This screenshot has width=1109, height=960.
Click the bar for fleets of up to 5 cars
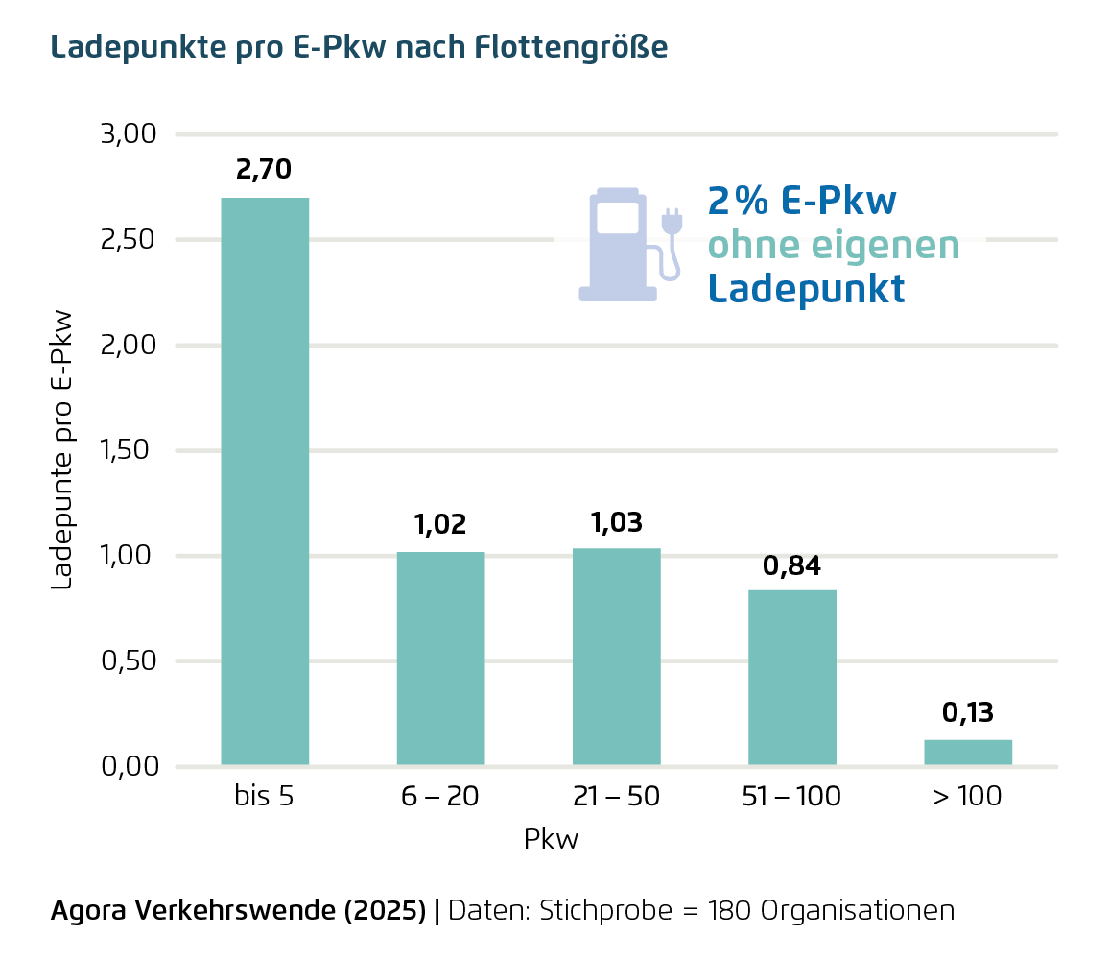pyautogui.click(x=265, y=480)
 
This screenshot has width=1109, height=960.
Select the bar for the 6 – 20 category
pyautogui.click(x=440, y=659)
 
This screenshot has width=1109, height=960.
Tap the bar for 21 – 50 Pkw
pyautogui.click(x=616, y=657)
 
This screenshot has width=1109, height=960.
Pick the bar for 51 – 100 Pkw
pyautogui.click(x=791, y=678)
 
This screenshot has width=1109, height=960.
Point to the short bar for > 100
pyautogui.click(x=967, y=753)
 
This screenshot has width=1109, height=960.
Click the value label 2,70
pyautogui.click(x=264, y=171)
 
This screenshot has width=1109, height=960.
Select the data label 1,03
pyautogui.click(x=616, y=522)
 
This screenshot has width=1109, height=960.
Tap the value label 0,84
pyautogui.click(x=791, y=566)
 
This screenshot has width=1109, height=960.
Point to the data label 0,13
pyautogui.click(x=967, y=713)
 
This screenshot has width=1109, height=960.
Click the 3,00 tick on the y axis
pyautogui.click(x=128, y=133)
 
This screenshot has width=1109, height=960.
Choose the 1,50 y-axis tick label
pyautogui.click(x=128, y=450)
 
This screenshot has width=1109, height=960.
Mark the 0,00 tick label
pyautogui.click(x=128, y=767)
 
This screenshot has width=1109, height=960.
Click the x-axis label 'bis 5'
pyautogui.click(x=264, y=797)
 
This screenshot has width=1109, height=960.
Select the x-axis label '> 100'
pyautogui.click(x=966, y=797)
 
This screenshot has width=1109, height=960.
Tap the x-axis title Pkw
pyautogui.click(x=552, y=840)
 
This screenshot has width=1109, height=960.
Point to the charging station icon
pyautogui.click(x=619, y=245)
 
